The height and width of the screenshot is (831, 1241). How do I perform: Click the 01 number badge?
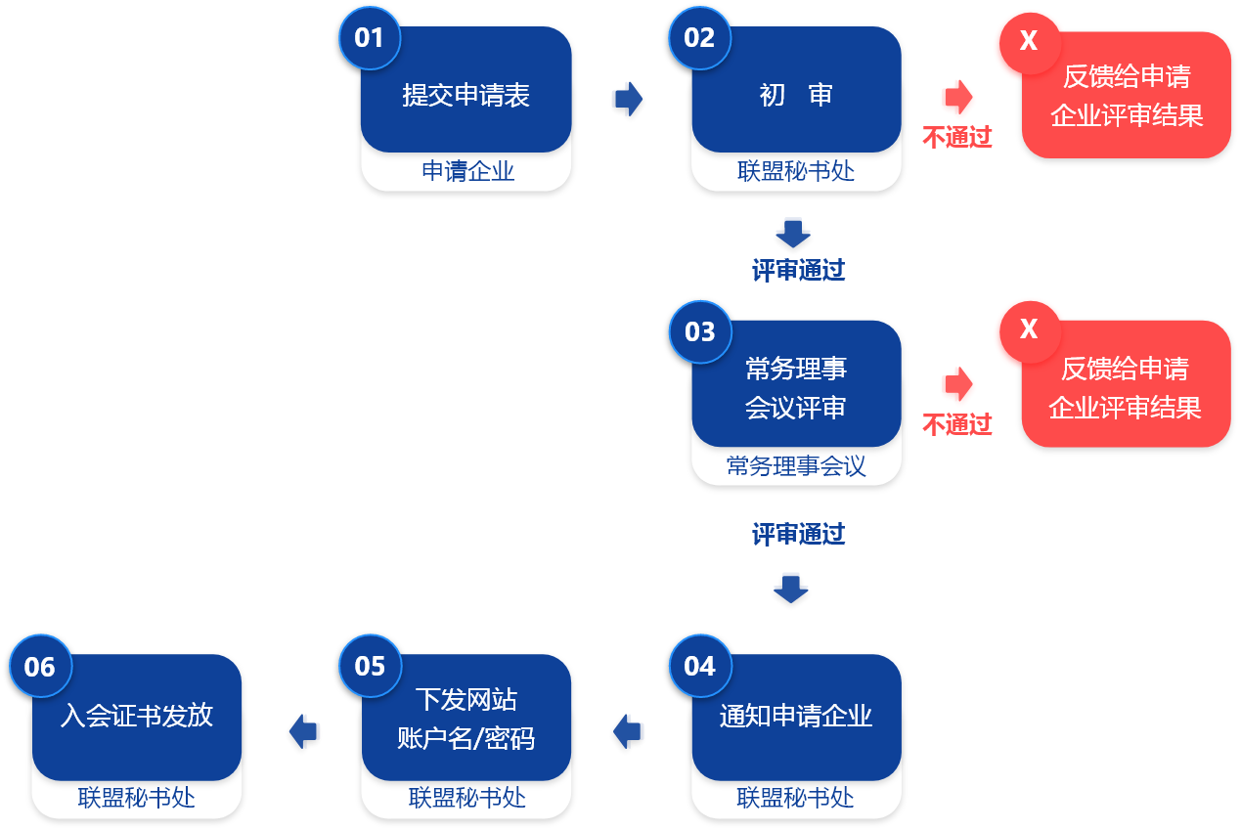point(370,38)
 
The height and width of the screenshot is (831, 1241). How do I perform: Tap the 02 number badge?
point(700,38)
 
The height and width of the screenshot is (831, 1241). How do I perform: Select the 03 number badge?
point(700,332)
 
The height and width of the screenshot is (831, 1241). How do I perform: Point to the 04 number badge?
point(700,666)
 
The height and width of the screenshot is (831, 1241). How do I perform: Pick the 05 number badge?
point(370,666)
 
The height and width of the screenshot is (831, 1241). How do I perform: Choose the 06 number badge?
point(40,666)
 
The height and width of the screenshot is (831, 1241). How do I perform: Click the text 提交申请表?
point(465,95)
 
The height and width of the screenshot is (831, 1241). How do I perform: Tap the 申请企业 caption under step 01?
point(468,171)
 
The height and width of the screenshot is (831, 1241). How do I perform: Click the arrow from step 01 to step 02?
point(629,99)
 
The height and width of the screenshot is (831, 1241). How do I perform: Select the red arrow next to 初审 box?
point(958,97)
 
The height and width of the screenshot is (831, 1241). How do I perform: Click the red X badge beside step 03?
point(1030,331)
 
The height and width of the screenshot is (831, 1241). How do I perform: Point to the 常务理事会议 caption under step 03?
point(796,466)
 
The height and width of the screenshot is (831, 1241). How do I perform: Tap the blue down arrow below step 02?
point(793,234)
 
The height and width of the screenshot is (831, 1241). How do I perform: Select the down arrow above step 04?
point(791,589)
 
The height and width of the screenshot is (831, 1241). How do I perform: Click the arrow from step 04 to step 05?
point(627,731)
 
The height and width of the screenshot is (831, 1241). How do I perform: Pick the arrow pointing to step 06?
point(303,731)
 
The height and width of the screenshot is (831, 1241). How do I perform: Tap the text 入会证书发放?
point(136,716)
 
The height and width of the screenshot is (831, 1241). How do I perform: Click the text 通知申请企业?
point(796,716)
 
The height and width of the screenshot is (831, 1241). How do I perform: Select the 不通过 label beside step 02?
point(956,137)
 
